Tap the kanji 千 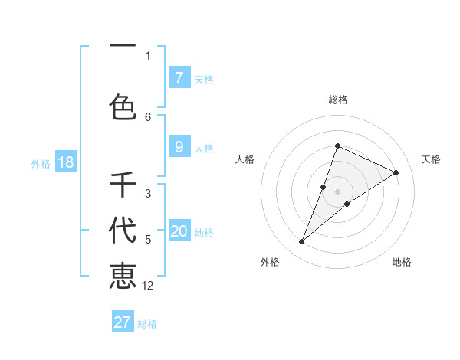point(123,185)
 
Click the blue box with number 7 point(179,77)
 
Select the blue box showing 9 point(179,147)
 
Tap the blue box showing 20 point(179,231)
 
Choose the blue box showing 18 point(65,162)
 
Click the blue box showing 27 point(123,322)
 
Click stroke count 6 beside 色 point(148,116)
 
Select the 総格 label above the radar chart point(338,100)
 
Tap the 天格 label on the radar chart point(431,159)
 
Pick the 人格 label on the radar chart point(245,159)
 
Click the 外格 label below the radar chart point(270,262)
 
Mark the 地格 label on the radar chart point(402,262)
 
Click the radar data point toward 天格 point(396,172)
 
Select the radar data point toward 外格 point(302,242)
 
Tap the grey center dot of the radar point(338,191)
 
